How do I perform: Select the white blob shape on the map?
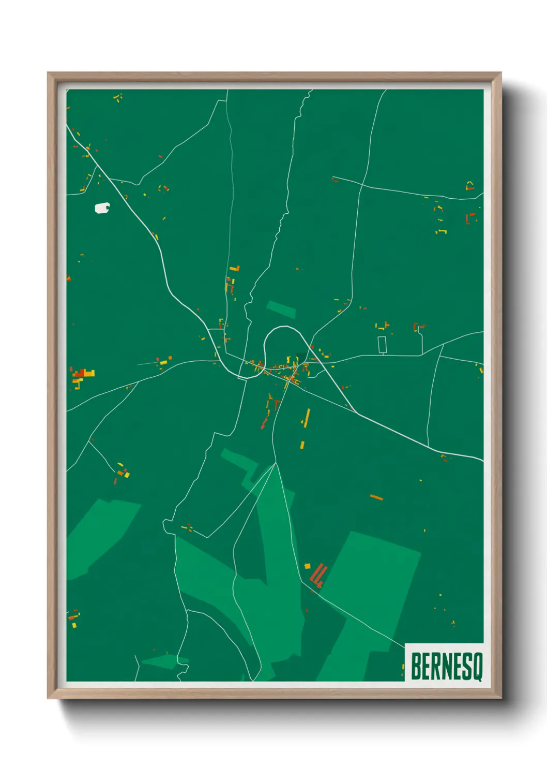click(102, 208)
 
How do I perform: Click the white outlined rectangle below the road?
click(382, 345)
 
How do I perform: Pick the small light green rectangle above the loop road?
click(281, 309)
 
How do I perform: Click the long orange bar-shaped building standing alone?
click(376, 497)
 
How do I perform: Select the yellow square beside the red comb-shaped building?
click(307, 566)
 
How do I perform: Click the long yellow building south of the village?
click(307, 418)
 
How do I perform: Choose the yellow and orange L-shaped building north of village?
click(235, 268)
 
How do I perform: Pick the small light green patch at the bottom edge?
click(163, 661)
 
